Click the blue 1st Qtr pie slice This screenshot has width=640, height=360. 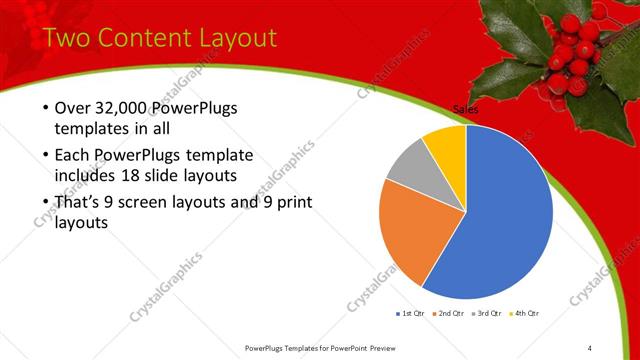505,215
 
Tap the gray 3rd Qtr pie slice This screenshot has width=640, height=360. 410,170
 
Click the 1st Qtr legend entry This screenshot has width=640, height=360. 411,315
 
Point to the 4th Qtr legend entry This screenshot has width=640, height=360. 525,315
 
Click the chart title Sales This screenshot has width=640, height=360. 466,109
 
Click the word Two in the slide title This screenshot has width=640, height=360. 71,38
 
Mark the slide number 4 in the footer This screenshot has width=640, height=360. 590,347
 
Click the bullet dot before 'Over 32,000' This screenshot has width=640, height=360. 45,108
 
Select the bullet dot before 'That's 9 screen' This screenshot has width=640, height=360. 45,202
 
